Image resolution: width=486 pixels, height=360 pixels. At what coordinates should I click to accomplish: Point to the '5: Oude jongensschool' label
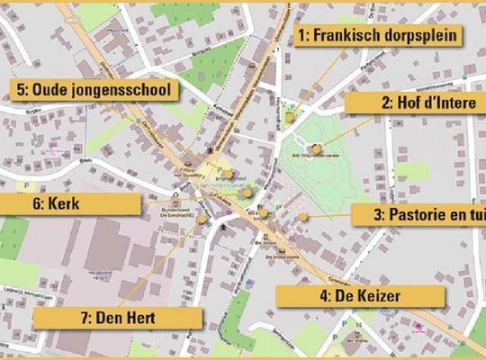[x=94, y=90]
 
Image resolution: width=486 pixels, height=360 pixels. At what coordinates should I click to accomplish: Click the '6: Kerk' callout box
[x=70, y=204]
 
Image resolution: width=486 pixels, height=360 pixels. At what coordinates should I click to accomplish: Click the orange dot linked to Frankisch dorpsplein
[x=290, y=116]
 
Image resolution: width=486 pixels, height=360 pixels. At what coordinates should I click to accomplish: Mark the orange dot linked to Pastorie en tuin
[x=304, y=217]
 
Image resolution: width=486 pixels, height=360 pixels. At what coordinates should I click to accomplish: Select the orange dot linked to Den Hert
[x=203, y=219]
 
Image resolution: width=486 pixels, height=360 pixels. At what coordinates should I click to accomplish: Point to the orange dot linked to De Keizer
[x=264, y=212]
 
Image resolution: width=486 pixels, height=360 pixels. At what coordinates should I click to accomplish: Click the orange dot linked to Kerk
[x=247, y=192]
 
